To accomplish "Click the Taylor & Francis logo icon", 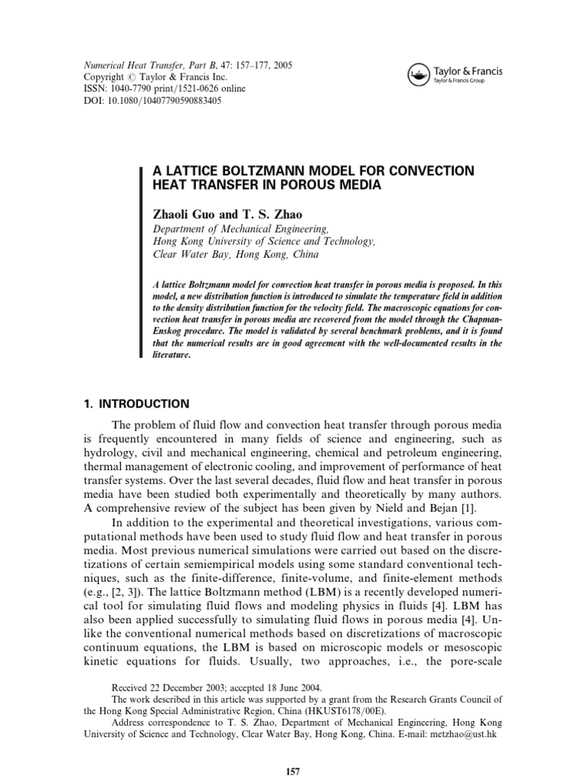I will (418, 74).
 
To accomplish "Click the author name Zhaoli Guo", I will (185, 215).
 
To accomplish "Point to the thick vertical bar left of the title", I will (141, 261).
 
